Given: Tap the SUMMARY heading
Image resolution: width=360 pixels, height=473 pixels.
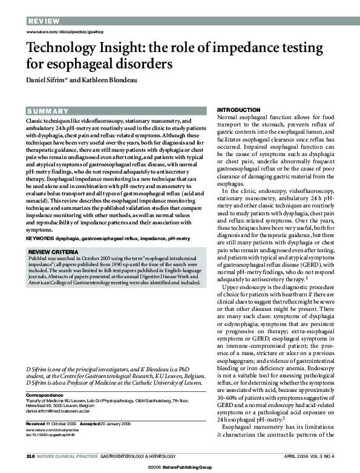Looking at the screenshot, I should [48, 111].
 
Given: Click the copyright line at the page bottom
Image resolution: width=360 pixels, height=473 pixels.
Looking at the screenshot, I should [180, 468].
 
